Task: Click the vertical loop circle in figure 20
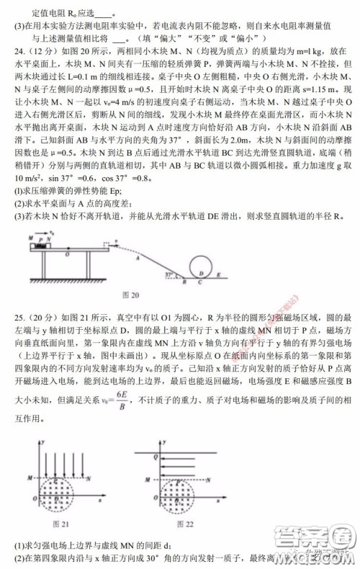204,266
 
